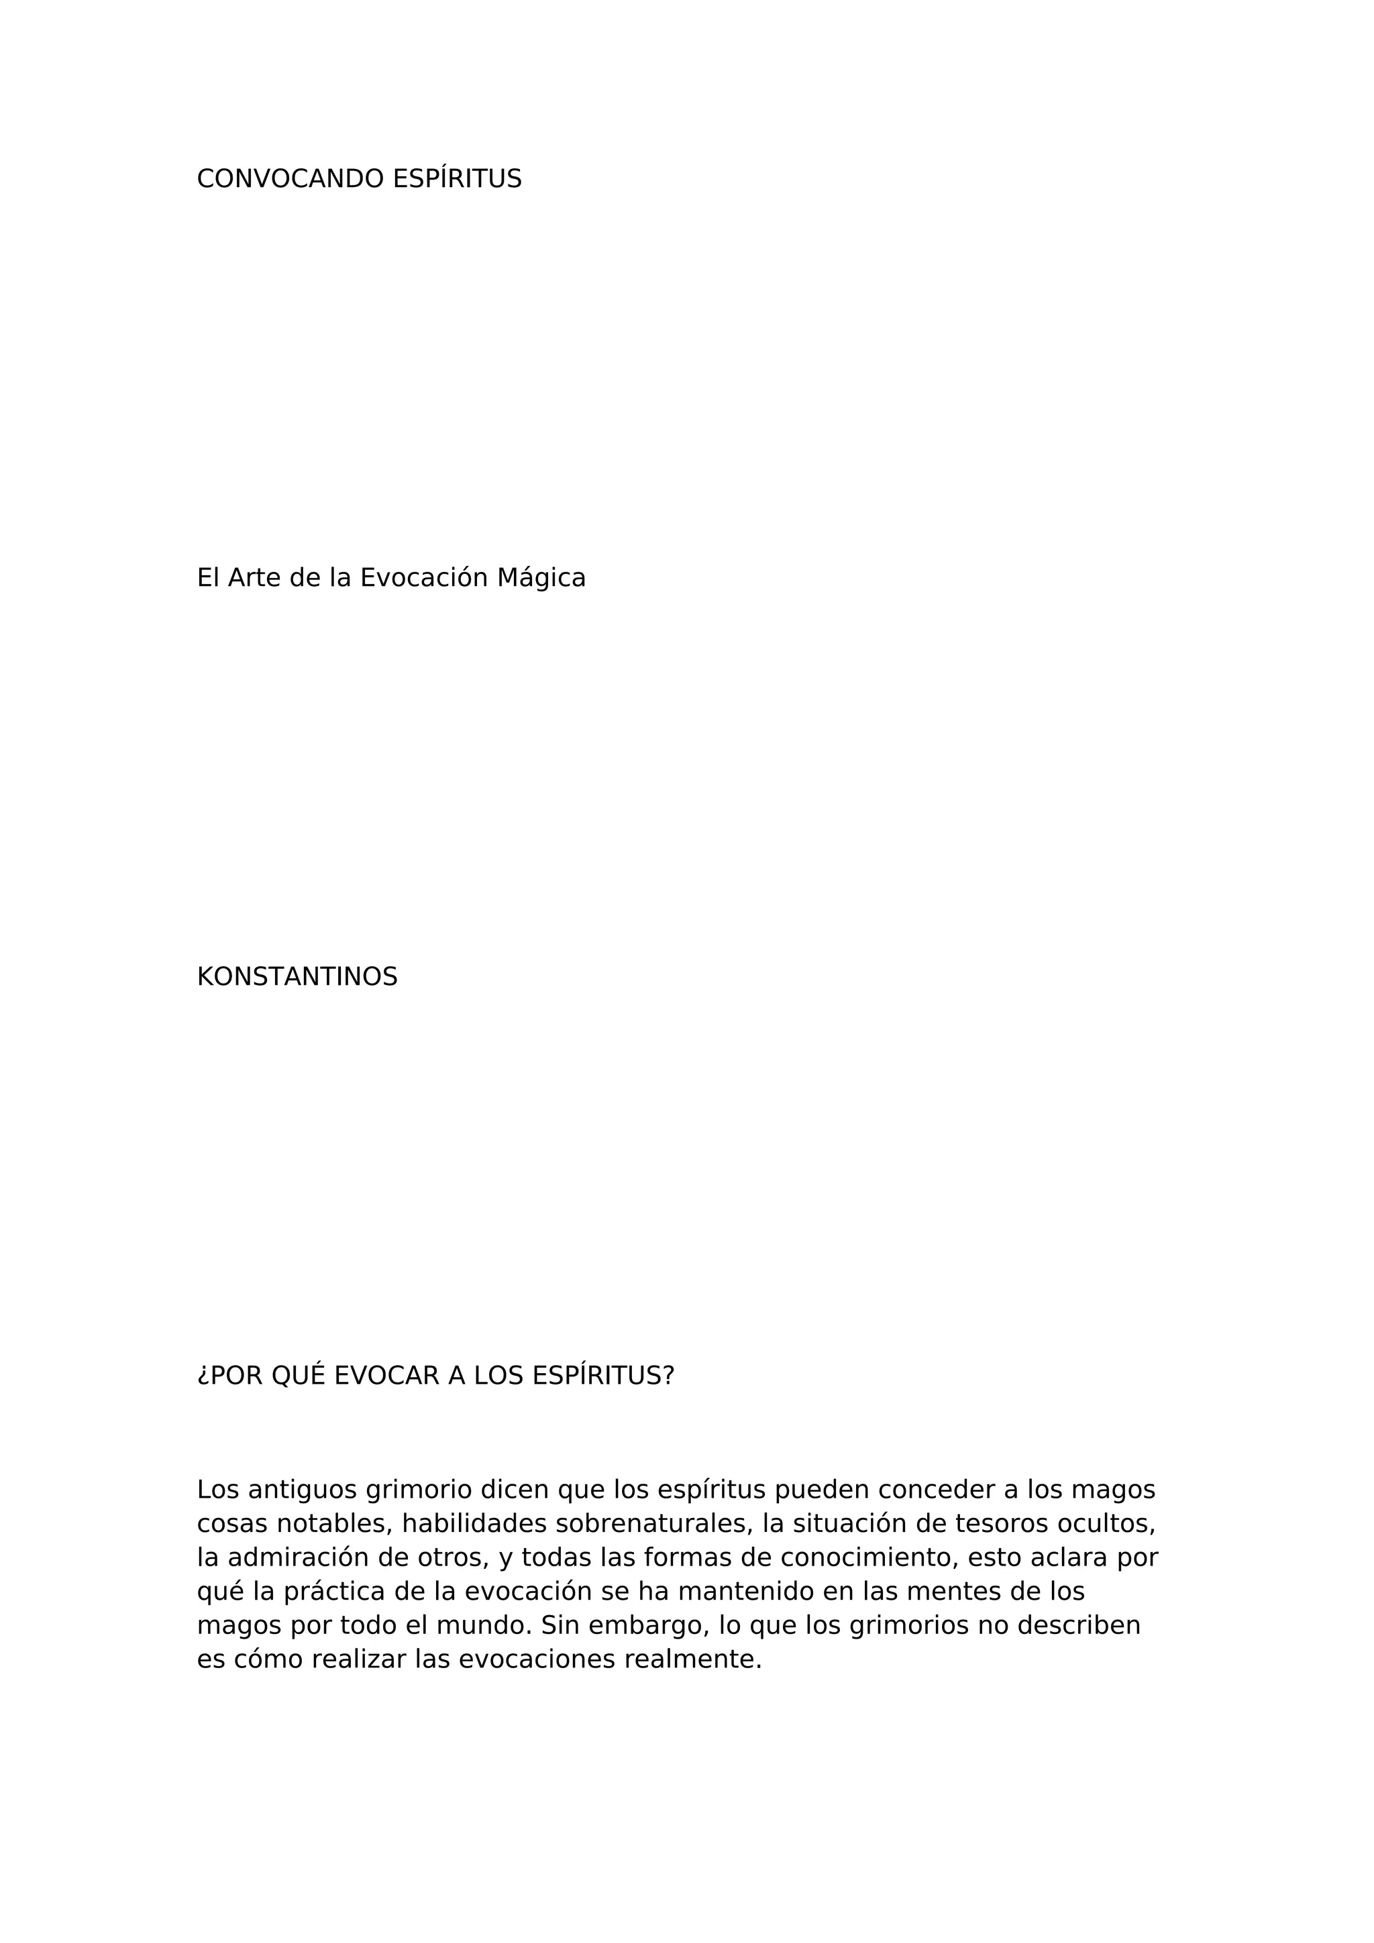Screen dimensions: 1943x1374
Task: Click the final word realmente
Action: coord(692,1684)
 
